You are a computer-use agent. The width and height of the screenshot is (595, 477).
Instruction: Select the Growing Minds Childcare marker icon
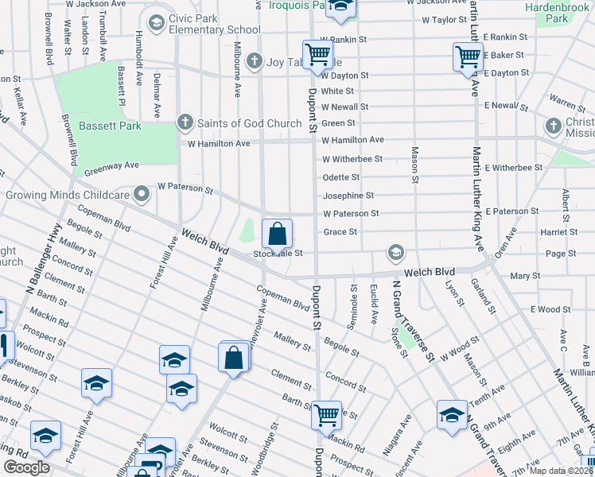pyautogui.click(x=142, y=193)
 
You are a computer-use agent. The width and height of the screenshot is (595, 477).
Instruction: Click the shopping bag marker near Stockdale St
pyautogui.click(x=277, y=235)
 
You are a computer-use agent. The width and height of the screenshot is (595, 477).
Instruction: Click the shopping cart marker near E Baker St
pyautogui.click(x=467, y=56)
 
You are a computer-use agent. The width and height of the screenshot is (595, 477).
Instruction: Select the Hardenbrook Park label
pyautogui.click(x=557, y=13)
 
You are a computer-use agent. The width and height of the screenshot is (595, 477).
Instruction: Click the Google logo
pyautogui.click(x=26, y=467)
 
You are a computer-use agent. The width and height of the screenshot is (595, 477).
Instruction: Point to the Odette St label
pyautogui.click(x=341, y=177)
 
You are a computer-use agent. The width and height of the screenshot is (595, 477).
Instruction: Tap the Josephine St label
pyautogui.click(x=348, y=196)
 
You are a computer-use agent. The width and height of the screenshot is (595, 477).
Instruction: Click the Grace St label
pyautogui.click(x=340, y=232)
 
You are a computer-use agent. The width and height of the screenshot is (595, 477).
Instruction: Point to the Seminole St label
pyautogui.click(x=354, y=299)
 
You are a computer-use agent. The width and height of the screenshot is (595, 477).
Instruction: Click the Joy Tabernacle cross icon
pyautogui.click(x=254, y=60)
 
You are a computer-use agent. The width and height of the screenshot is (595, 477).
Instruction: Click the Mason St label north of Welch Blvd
pyautogui.click(x=414, y=165)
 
